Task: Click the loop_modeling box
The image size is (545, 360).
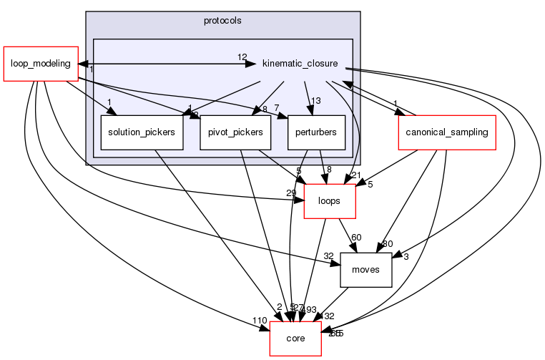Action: (x=40, y=64)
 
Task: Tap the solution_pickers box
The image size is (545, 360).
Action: (x=142, y=132)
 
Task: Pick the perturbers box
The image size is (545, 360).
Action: (x=316, y=132)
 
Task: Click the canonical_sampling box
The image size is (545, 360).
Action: (x=446, y=132)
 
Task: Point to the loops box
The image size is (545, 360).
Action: (x=330, y=201)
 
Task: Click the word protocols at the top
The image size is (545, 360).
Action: (x=222, y=20)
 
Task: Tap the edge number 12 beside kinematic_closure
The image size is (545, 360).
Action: (x=242, y=57)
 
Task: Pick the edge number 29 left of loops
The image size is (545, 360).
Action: (x=290, y=194)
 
